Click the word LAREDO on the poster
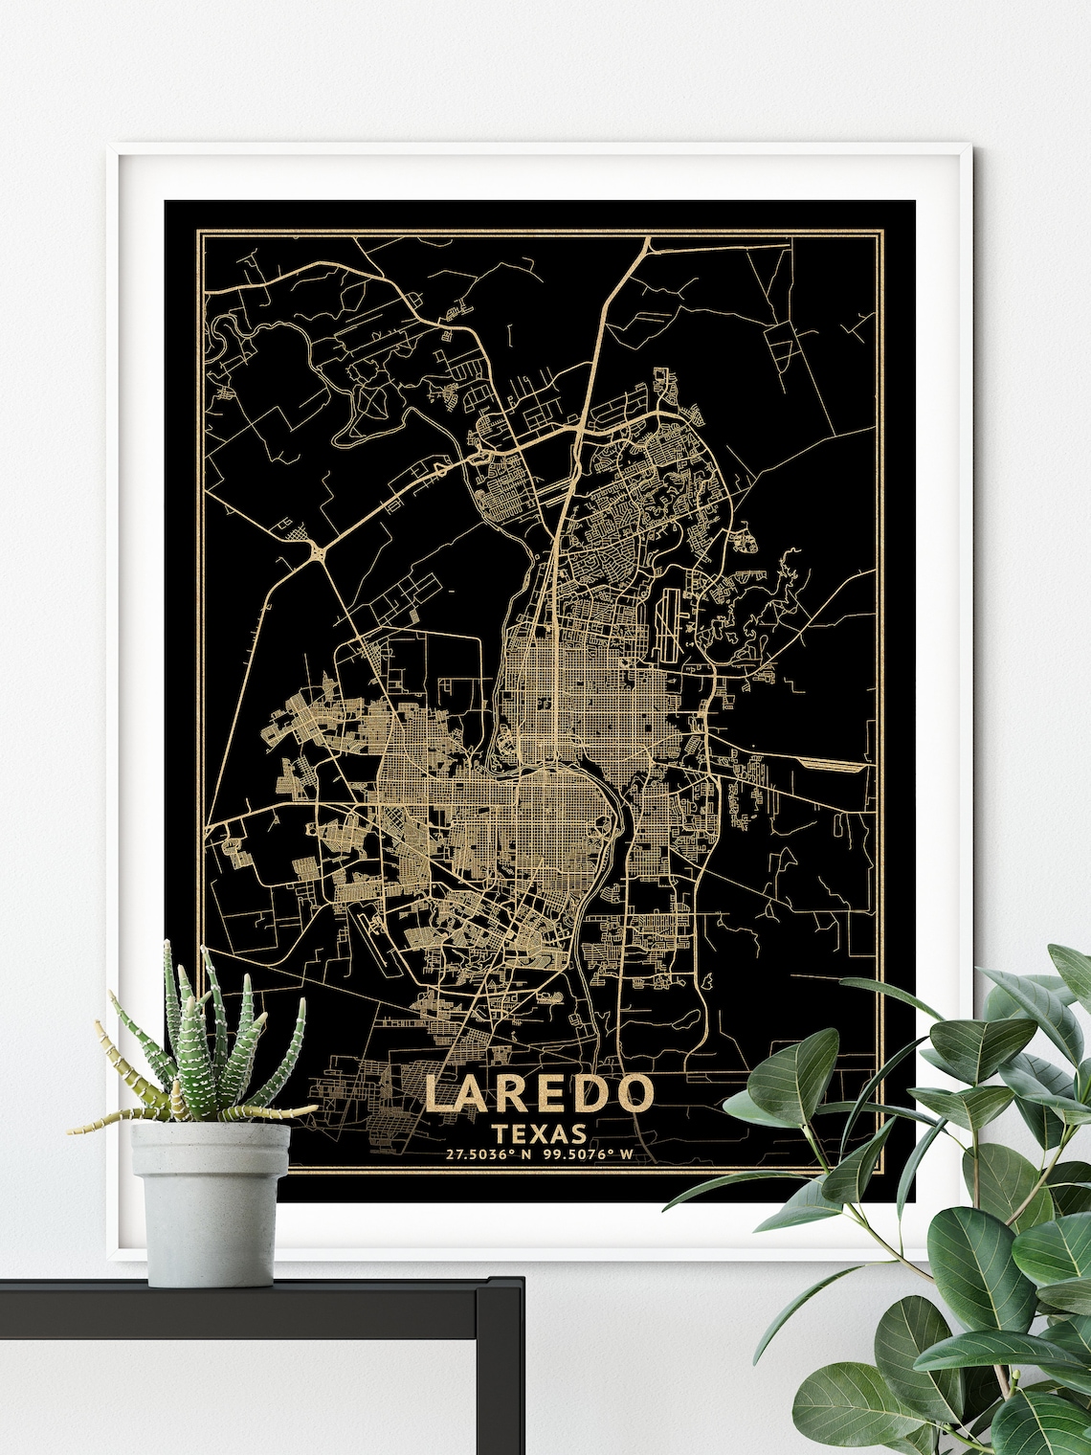[x=540, y=1093]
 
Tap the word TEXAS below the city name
[x=540, y=1133]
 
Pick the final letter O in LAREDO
[x=635, y=1093]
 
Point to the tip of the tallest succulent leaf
[x=167, y=944]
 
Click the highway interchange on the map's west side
[x=314, y=552]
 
